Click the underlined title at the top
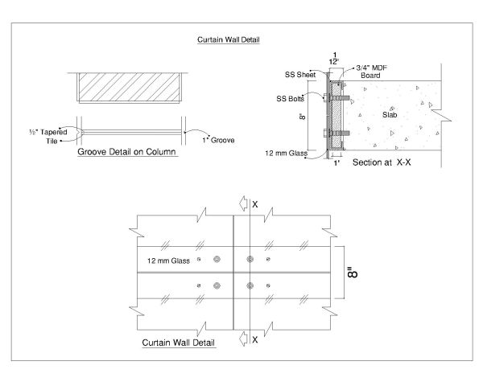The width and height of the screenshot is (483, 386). [229, 39]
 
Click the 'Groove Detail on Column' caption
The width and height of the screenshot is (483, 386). [126, 151]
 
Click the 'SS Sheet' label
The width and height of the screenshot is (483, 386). [300, 75]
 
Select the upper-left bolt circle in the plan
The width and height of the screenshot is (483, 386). [217, 260]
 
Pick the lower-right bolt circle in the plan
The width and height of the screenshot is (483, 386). [250, 285]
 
